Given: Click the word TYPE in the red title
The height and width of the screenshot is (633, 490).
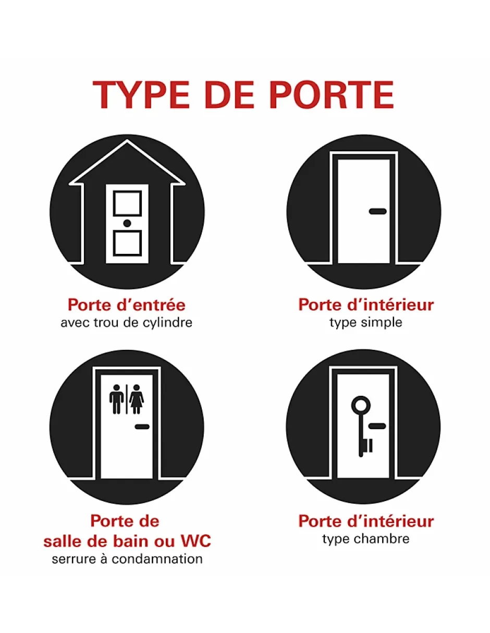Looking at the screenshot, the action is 141,95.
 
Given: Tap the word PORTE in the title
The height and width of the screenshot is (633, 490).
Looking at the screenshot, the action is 332,95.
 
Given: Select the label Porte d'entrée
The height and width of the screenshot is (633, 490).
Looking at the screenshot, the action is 127,305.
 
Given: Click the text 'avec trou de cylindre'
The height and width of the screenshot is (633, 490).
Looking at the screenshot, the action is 126,323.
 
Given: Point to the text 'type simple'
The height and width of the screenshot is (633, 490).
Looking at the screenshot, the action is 366,323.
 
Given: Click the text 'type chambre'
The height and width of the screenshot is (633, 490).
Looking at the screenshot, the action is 366,539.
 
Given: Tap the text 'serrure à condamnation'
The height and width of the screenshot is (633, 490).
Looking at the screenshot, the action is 127,559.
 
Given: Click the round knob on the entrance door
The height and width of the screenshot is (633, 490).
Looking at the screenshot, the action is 127,223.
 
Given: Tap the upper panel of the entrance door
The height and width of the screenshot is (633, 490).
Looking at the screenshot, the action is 127,203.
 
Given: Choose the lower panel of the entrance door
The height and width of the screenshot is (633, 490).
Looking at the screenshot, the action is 127,243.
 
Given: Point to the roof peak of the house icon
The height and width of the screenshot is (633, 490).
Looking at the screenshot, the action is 127,140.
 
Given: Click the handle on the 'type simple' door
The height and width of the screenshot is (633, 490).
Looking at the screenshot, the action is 377,211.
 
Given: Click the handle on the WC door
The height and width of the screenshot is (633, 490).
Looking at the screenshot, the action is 142,427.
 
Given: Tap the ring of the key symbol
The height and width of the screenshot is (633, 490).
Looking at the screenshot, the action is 361,406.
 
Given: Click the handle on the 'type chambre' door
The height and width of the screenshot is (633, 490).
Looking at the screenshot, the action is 377,426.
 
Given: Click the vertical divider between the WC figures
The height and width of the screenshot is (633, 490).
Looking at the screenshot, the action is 126,399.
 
